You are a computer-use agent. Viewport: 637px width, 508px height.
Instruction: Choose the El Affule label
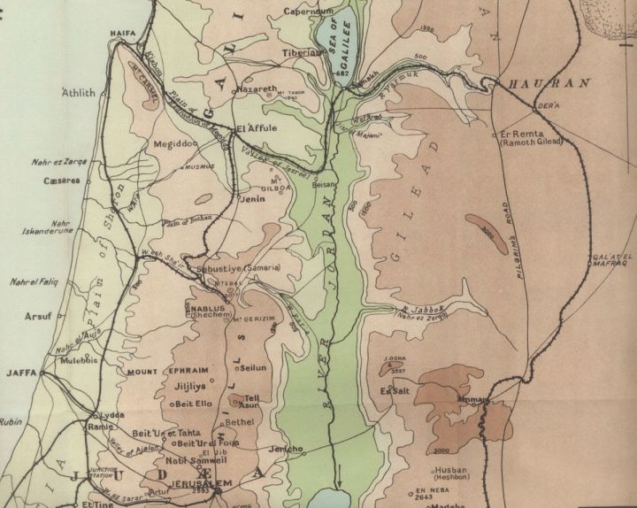pos(258,128)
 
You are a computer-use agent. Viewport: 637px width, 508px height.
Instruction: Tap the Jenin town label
pos(252,200)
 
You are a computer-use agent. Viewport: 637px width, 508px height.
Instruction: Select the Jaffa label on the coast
pos(20,373)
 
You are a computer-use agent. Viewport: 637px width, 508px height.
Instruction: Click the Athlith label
pos(77,92)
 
